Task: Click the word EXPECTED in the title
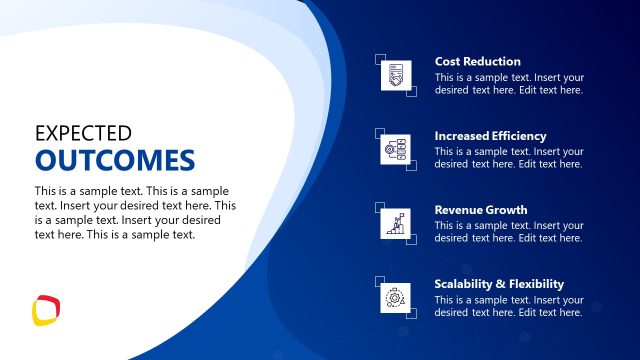tap(83, 132)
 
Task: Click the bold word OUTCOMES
tap(114, 160)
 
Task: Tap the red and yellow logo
tap(46, 309)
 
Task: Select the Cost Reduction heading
tap(477, 62)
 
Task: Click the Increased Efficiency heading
tap(490, 136)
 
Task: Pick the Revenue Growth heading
tap(480, 210)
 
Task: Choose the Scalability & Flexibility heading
tap(499, 284)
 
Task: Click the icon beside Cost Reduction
tap(396, 76)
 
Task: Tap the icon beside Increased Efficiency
tap(396, 150)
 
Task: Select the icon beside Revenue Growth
tap(396, 224)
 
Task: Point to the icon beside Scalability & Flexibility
tap(396, 298)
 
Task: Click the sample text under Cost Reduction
tap(509, 84)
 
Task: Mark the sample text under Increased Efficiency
tap(509, 158)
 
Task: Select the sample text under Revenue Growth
tap(509, 232)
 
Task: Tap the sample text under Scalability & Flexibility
tap(509, 306)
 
